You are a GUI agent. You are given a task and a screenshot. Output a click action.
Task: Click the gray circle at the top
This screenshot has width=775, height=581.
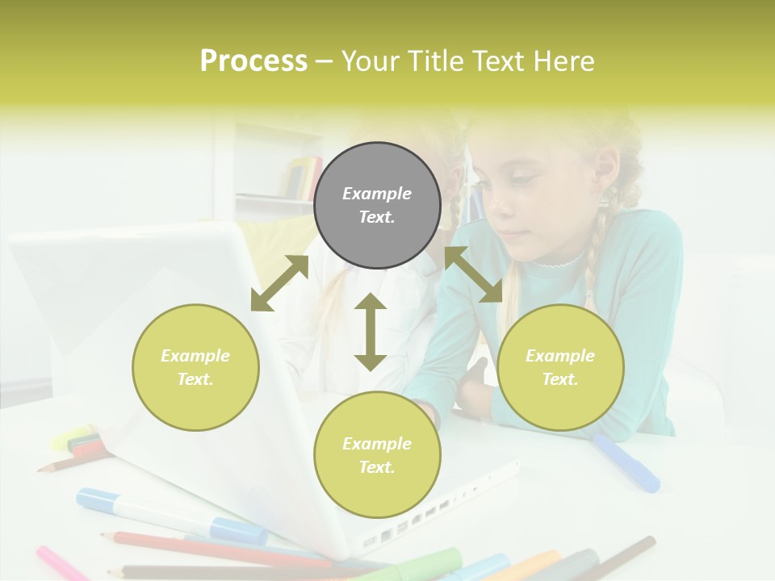pyautogui.click(x=377, y=206)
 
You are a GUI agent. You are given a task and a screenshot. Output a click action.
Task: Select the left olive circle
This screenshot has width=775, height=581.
pyautogui.click(x=195, y=367)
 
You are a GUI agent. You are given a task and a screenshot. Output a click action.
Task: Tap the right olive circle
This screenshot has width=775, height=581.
pyautogui.click(x=560, y=367)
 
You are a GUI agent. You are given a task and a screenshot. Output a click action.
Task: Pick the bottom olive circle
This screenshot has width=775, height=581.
pyautogui.click(x=377, y=455)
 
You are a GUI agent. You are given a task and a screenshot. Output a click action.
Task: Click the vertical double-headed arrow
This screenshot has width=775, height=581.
pyautogui.click(x=371, y=332)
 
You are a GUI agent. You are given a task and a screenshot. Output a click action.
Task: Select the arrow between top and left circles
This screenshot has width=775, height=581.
pyautogui.click(x=279, y=283)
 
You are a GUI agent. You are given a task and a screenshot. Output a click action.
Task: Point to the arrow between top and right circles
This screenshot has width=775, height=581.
pyautogui.click(x=473, y=274)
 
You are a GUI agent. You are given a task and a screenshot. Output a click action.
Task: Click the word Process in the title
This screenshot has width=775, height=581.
pyautogui.click(x=253, y=61)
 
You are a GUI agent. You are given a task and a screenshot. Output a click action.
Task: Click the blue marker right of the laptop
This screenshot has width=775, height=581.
pyautogui.click(x=626, y=463)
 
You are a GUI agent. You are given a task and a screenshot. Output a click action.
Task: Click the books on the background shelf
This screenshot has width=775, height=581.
pyautogui.click(x=303, y=178)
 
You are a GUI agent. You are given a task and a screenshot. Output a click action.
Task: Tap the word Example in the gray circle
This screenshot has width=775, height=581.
pyautogui.click(x=377, y=194)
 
